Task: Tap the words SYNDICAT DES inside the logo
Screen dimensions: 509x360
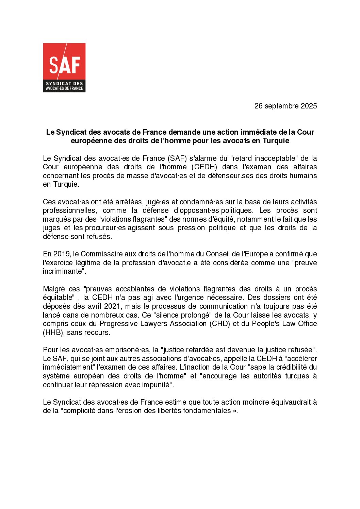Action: (64, 84)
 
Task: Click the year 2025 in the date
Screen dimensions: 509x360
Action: (309, 106)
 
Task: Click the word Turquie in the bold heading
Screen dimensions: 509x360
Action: (276, 141)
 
